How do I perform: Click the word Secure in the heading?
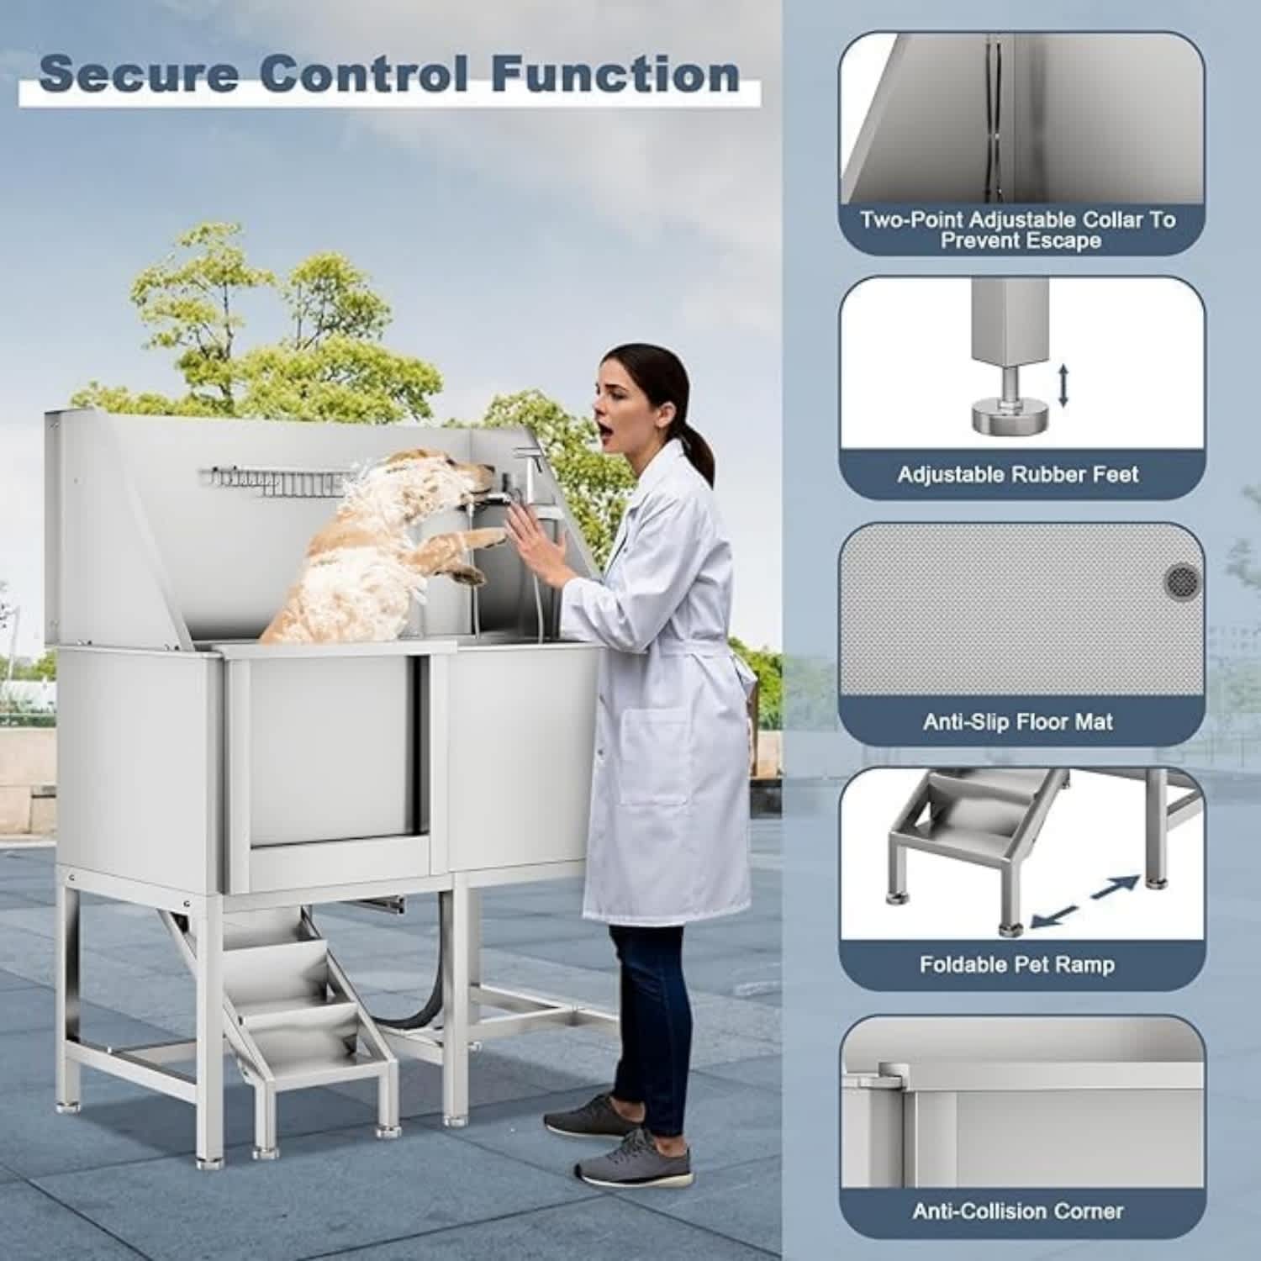(x=139, y=74)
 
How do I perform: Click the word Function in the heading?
(x=615, y=74)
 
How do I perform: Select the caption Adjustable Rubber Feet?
(x=1017, y=475)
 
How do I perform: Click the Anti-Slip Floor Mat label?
(x=1017, y=721)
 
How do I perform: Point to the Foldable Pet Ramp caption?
(x=1017, y=964)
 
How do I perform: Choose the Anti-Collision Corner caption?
(x=1017, y=1211)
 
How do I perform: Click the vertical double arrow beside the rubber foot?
(x=1063, y=385)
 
